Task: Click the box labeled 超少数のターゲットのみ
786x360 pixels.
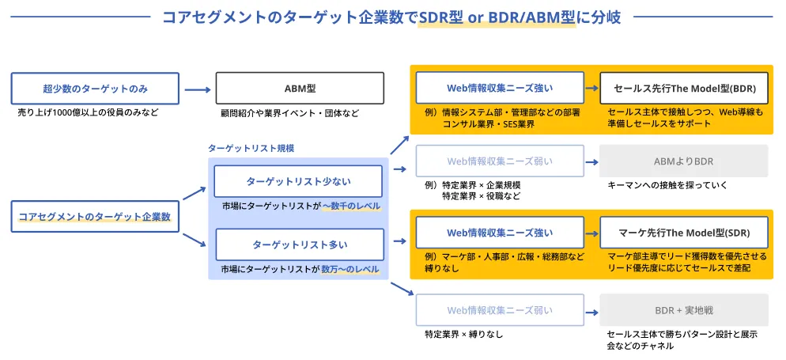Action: point(95,88)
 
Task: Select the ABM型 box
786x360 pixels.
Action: point(300,88)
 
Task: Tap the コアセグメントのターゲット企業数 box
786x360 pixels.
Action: point(95,216)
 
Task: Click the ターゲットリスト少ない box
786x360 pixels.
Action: point(299,181)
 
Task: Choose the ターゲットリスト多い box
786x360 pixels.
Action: point(299,244)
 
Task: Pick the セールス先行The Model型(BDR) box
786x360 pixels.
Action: point(683,88)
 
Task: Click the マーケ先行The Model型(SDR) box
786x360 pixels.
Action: point(683,233)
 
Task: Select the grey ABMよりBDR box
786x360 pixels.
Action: point(683,161)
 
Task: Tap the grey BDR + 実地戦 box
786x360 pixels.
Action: point(683,310)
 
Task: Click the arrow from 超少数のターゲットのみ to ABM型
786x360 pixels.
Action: point(197,88)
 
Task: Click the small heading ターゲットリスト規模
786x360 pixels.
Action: point(245,148)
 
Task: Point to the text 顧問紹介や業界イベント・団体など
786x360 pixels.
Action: point(289,113)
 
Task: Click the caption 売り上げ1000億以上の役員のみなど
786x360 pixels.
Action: point(88,112)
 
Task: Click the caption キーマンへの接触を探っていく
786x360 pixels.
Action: point(667,185)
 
